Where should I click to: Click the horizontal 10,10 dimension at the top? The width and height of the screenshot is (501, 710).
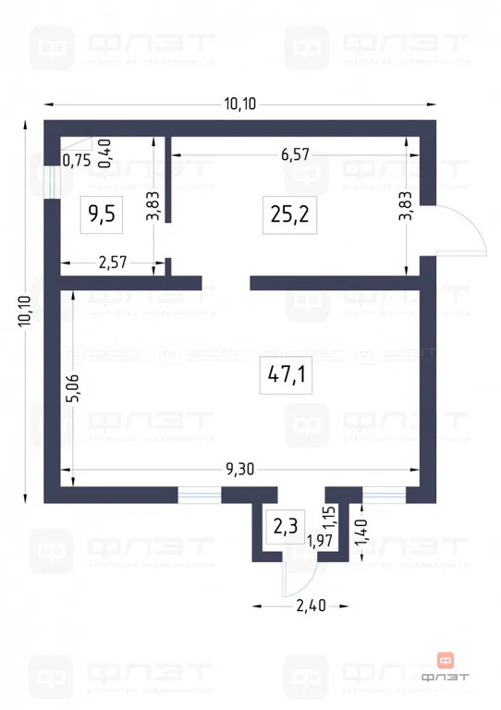pos(239,103)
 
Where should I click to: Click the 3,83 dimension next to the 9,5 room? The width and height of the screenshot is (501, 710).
pos(153,204)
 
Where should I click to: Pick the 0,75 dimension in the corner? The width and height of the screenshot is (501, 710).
pos(76,160)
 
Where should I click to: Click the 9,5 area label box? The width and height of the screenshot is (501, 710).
pos(101,214)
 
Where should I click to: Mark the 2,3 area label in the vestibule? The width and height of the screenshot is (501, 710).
pos(284,527)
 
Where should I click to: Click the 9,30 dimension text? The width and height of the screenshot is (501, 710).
pos(238,468)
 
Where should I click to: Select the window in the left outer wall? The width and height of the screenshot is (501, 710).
pos(51,180)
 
